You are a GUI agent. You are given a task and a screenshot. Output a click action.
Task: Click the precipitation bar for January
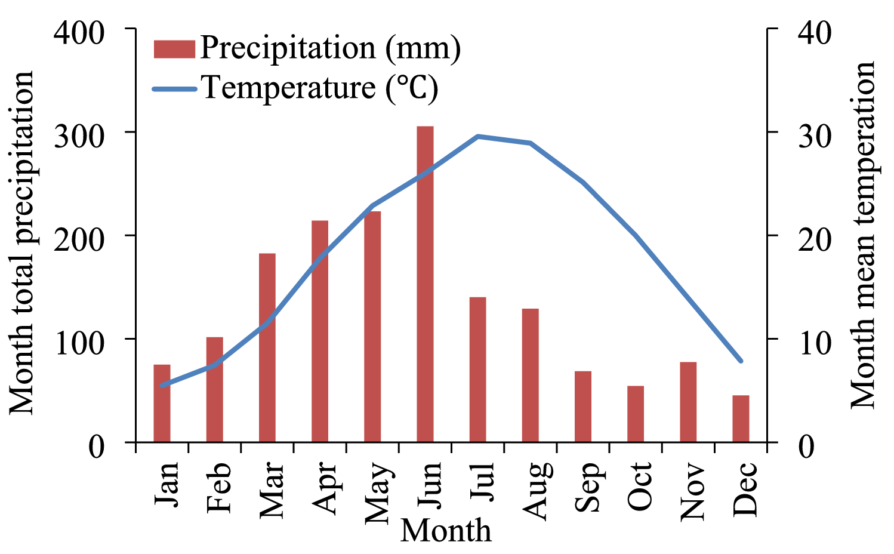pos(162,404)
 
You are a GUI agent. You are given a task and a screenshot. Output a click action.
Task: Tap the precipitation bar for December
pos(741,418)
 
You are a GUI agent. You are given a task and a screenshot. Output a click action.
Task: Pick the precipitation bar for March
pos(267,348)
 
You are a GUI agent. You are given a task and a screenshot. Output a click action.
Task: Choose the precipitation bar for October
pos(636,414)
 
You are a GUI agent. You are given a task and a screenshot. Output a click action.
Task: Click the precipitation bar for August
pos(530,376)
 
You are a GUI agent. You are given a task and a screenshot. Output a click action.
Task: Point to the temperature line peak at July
pos(477,137)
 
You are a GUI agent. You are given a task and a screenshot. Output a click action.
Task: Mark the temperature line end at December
pos(741,361)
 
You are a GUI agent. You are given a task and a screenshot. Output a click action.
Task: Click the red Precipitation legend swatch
pos(174,49)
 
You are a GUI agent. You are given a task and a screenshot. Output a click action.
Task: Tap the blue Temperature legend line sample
pos(174,89)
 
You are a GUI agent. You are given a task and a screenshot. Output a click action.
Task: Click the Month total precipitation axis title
pos(23,242)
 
